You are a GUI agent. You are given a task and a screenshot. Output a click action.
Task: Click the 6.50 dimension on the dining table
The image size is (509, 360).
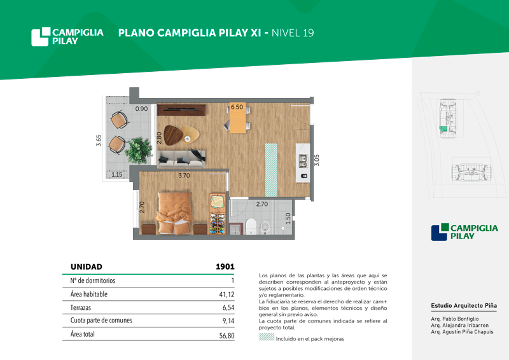click(x=237, y=107)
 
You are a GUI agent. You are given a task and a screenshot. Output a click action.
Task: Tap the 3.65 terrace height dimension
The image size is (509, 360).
click(x=99, y=141)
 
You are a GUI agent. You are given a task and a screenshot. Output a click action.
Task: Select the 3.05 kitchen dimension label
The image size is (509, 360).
click(x=317, y=160)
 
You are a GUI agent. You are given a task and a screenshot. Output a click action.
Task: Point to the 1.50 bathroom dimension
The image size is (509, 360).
click(x=288, y=218)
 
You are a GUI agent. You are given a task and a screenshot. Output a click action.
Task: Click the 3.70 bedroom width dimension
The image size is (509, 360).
click(x=184, y=176)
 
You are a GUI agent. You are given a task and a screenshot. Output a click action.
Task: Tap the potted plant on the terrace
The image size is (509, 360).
click(x=139, y=150)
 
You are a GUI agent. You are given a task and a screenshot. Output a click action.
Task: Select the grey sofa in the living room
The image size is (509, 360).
click(x=181, y=158)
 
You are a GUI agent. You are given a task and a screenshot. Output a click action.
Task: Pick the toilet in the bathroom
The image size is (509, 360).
click(x=251, y=226)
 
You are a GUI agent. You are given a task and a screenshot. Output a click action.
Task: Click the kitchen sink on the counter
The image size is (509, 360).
click(x=303, y=161)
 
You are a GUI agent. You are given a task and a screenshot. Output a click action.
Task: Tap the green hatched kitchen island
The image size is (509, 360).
click(x=272, y=170)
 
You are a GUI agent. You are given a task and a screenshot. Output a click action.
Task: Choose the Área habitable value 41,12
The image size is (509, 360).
click(x=227, y=294)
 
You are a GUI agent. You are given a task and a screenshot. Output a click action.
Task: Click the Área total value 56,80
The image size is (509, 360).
click(x=227, y=336)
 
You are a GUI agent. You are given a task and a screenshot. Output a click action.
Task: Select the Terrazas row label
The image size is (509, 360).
click(x=81, y=307)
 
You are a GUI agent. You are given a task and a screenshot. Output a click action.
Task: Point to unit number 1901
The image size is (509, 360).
click(x=225, y=267)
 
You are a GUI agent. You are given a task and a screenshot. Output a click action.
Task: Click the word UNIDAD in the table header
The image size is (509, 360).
click(x=87, y=267)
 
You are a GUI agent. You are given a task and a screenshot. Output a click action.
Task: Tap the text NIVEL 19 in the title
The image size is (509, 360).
click(x=293, y=33)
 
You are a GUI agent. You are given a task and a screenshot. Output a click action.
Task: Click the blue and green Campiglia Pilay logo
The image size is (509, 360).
click(x=464, y=232)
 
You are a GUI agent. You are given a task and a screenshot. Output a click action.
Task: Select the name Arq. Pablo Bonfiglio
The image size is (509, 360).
click(x=455, y=319)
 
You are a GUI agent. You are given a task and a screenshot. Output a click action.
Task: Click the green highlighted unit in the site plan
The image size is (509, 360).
click(x=443, y=128)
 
